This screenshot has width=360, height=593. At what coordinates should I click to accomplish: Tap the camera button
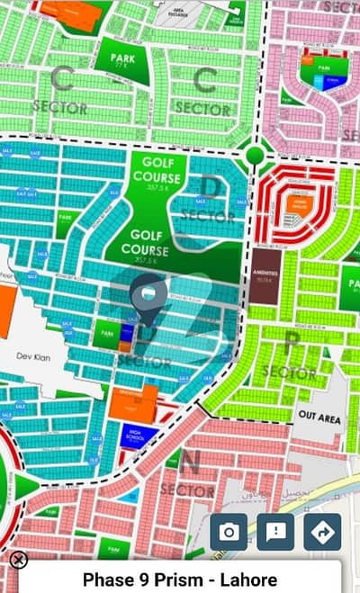point(229,532)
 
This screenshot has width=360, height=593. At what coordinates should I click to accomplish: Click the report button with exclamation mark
point(275,532)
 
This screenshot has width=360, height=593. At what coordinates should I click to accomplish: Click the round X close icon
point(18,560)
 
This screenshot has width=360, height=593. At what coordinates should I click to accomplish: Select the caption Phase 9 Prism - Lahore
point(180,580)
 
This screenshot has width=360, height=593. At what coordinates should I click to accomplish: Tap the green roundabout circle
point(255,155)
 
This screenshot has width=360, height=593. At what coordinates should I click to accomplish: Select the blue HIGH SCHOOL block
point(138,436)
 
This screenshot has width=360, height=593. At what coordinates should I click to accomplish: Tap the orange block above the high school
point(133,403)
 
